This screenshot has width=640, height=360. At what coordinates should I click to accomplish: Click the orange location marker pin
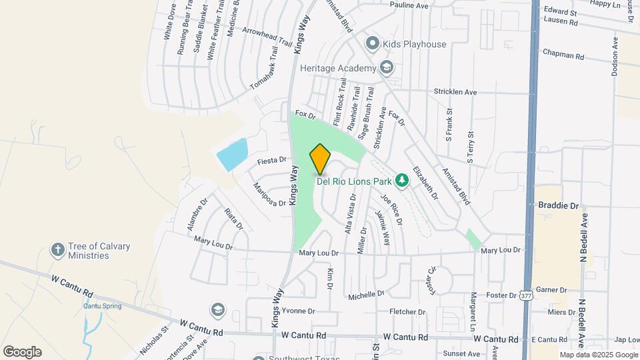pos(321,159)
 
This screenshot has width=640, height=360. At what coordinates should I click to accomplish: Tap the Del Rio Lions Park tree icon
pos(401,180)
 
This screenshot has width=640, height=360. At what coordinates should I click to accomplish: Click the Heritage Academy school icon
pos(386,67)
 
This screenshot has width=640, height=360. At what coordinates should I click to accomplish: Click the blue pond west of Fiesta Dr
pos(232,155)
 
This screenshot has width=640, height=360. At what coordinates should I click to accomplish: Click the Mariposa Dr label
pos(269,194)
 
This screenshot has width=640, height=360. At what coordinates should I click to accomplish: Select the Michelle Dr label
pos(366,293)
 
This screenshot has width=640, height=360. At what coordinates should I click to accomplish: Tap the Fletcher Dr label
pos(407,311)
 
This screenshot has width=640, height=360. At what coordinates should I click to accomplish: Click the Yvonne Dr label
pos(298,311)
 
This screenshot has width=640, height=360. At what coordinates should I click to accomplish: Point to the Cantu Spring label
pos(100,306)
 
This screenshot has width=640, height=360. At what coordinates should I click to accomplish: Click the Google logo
pos(22,351)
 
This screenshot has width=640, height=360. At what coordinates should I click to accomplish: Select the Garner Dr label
pos(551,290)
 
